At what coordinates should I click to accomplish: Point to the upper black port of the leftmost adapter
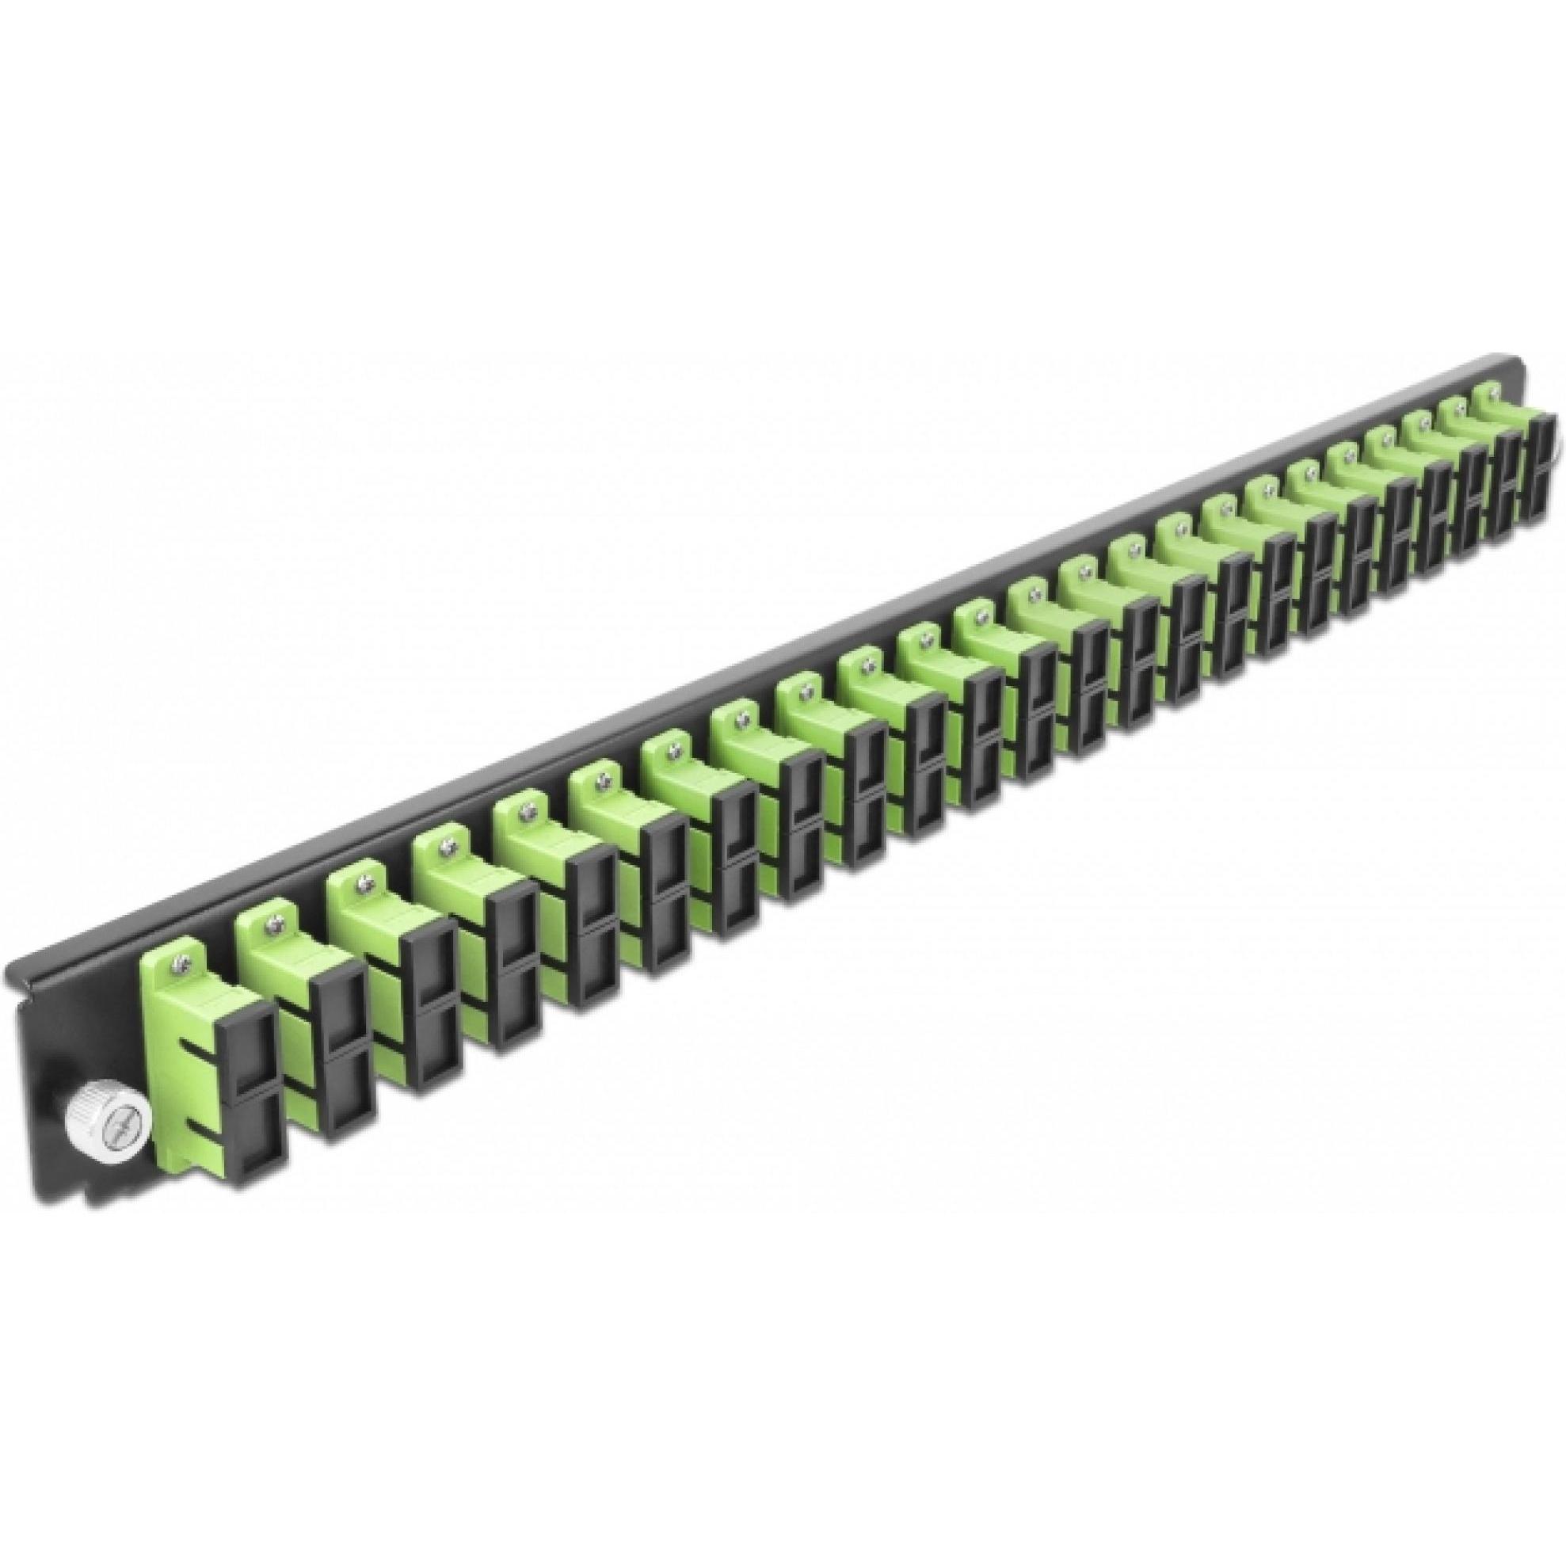point(254,1053)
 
